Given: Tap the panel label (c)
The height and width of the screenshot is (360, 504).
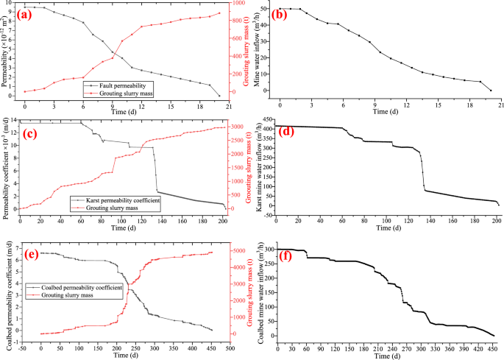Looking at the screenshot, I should pyautogui.click(x=34, y=134).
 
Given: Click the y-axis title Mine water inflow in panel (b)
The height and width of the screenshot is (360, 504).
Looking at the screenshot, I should pyautogui.click(x=257, y=50).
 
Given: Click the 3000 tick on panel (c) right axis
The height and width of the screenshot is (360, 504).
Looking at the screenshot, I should pyautogui.click(x=238, y=127).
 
